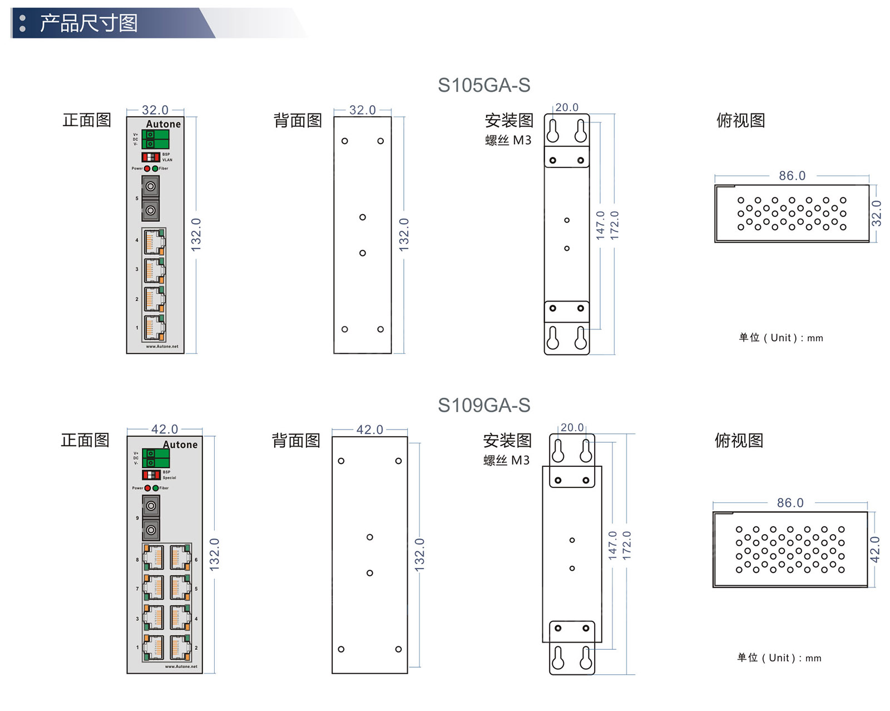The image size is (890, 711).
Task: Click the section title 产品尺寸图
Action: (88, 23)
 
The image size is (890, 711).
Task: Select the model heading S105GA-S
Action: (483, 85)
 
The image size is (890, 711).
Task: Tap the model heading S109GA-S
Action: (483, 405)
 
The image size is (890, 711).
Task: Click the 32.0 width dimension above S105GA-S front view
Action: (155, 110)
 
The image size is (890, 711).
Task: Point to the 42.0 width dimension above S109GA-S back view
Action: (369, 429)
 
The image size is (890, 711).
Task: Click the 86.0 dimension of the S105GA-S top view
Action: (792, 176)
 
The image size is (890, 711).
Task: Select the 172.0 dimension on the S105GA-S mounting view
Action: (614, 225)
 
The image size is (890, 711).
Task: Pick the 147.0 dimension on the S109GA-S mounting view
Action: (612, 545)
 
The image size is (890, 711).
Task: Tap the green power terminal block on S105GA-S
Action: (155, 139)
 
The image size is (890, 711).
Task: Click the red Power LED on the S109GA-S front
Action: (147, 488)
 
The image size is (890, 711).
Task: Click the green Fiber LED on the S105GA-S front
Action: (155, 168)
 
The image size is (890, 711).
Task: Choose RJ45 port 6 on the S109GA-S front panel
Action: (180, 557)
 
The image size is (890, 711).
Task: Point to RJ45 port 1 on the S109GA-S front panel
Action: (153, 648)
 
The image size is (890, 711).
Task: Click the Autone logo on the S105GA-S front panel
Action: (163, 124)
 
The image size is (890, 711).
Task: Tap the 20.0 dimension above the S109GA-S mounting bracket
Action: (572, 427)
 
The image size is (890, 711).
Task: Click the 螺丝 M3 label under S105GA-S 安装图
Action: (508, 140)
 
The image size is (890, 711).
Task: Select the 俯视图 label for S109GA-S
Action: (739, 441)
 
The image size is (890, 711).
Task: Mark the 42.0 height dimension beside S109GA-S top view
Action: (874, 550)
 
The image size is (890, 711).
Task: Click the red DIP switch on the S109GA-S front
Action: (151, 475)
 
